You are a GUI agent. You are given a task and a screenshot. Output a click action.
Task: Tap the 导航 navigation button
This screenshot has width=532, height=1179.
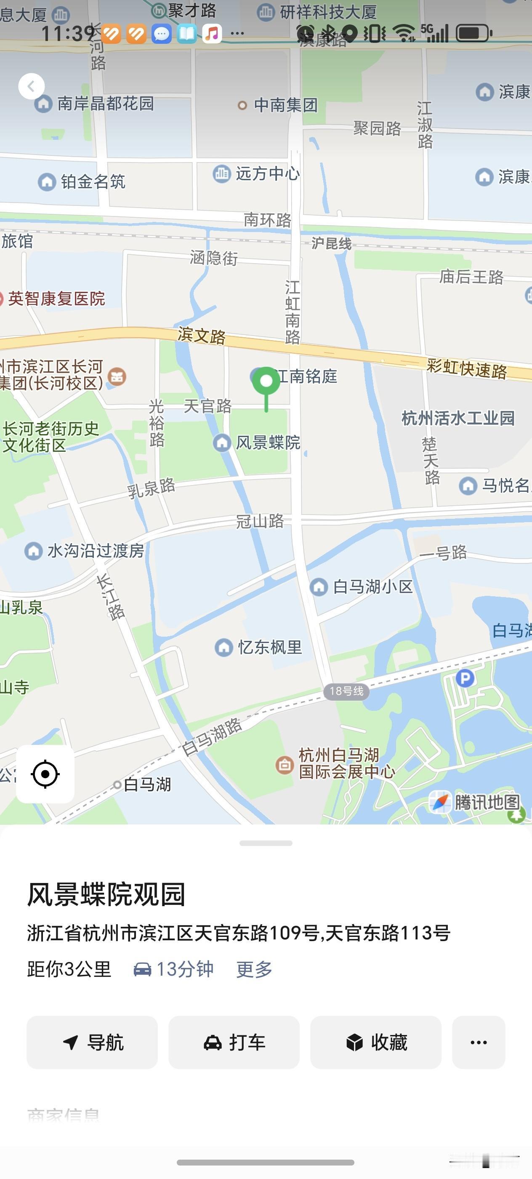pos(92,1042)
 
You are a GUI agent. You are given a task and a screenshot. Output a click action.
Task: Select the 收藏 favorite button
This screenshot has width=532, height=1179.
pos(375,1042)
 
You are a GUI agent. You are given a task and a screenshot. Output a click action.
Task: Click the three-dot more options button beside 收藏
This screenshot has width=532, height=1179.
pos(479,1042)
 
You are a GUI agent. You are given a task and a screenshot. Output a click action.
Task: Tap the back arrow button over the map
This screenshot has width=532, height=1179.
pos(31,86)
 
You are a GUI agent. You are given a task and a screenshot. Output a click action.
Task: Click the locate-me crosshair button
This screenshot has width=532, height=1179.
pos(45,774)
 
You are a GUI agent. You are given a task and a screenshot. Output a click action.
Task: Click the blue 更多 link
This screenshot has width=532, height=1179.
pos(254,969)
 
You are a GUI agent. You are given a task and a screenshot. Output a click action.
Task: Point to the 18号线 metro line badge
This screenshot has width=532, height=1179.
pos(346,691)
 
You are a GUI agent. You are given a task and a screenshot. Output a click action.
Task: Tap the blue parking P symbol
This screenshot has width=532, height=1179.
pos(465,678)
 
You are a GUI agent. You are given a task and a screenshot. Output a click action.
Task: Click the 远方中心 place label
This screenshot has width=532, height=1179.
pos(268,173)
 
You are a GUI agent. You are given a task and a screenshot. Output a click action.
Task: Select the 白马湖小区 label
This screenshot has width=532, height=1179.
pos(372,586)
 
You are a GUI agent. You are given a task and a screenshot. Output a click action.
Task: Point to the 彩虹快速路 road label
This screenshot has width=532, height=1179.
pos(467,368)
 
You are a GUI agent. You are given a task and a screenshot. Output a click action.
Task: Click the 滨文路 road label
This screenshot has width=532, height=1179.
pos(202,335)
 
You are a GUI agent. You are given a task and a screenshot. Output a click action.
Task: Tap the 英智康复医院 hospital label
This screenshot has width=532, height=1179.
pos(56,299)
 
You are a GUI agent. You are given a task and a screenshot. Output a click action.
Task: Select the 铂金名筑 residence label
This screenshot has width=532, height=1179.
pos(93,182)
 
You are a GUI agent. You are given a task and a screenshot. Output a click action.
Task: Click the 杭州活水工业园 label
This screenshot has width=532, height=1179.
pos(458,418)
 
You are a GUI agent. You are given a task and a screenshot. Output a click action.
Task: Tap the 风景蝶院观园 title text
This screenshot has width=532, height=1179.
pos(106,894)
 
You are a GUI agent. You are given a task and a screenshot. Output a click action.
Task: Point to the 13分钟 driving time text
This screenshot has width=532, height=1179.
pos(185,969)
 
